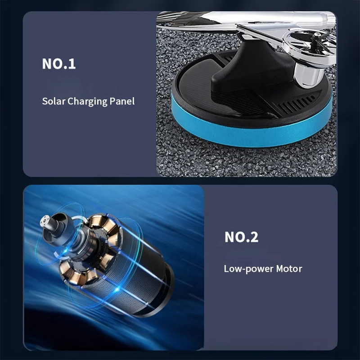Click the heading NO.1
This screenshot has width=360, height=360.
pos(59,63)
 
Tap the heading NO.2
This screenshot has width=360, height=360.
pos(241,237)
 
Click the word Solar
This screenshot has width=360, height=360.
pos(54,101)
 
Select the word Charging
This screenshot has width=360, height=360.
pos(87,102)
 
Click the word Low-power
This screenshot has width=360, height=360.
pos(249,269)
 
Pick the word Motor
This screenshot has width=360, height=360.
pos(289,269)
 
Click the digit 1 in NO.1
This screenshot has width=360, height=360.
pos(72,63)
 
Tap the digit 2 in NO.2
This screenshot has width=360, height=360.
pos(254,237)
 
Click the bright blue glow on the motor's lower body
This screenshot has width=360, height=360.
pos(117,289)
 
